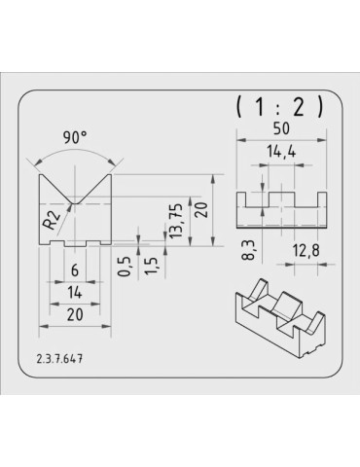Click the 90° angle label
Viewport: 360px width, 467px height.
click(75, 137)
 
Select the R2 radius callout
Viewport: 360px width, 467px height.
click(52, 220)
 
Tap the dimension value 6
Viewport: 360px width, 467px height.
click(75, 270)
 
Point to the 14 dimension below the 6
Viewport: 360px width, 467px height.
click(75, 293)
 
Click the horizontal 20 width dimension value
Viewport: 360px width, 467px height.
click(75, 315)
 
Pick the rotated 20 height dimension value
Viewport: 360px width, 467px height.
click(201, 210)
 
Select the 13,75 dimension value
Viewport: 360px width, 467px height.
click(176, 221)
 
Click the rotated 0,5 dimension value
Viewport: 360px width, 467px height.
click(124, 267)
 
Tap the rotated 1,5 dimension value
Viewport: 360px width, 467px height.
click(151, 267)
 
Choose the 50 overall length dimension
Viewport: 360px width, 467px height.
click(281, 128)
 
